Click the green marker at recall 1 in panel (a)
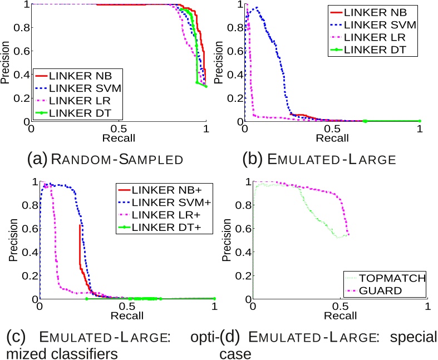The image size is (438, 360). (x=206, y=86)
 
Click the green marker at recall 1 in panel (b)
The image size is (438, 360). (x=420, y=121)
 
